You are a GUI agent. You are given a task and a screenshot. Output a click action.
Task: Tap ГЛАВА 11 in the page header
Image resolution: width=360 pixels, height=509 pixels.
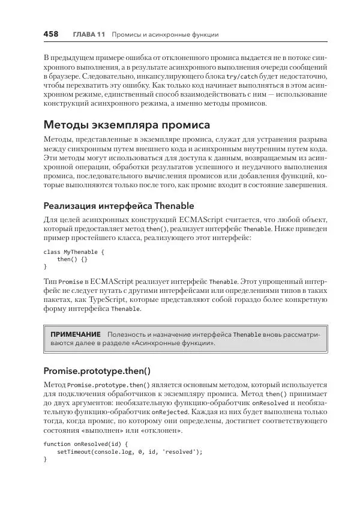89,35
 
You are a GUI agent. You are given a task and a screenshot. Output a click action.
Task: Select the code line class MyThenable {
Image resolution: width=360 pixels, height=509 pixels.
74,252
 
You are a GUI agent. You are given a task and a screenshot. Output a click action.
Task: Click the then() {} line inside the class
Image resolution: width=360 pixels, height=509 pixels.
72,259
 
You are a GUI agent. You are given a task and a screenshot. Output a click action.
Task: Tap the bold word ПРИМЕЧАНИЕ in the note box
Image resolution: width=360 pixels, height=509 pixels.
76,334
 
